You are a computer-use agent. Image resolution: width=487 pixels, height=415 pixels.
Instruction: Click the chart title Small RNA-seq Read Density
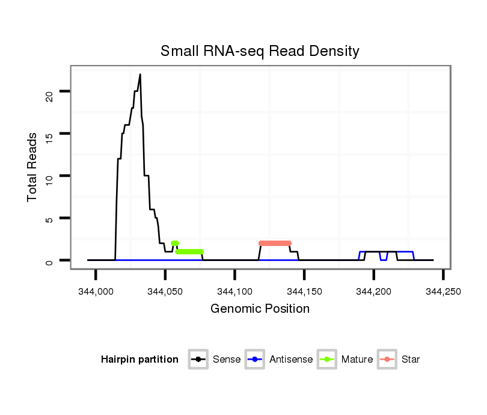click(x=260, y=51)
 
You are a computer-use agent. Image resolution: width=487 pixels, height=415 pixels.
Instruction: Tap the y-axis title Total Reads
click(x=32, y=167)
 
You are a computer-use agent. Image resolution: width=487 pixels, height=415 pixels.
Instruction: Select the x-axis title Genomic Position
click(x=260, y=309)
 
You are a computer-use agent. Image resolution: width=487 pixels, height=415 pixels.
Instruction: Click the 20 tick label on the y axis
click(x=49, y=91)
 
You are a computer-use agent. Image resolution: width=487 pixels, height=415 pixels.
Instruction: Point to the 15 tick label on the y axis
click(x=49, y=134)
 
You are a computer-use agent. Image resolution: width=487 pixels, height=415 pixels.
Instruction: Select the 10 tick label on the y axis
click(x=49, y=176)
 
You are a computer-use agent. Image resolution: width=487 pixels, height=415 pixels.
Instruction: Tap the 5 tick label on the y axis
click(x=49, y=218)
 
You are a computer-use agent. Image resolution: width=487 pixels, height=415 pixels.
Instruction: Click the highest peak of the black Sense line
click(x=140, y=75)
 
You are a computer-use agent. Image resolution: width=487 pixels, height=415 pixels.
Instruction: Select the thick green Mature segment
click(x=189, y=251)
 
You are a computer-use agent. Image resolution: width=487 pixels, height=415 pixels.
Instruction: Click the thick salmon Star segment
click(x=275, y=243)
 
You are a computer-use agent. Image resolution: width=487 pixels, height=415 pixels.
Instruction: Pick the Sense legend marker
click(x=198, y=360)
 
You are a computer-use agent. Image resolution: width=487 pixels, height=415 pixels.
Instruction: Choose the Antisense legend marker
click(x=255, y=360)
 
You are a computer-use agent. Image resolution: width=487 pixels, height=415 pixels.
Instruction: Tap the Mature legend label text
click(x=357, y=360)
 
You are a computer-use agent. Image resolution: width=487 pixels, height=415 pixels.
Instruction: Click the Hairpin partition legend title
click(x=139, y=360)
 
